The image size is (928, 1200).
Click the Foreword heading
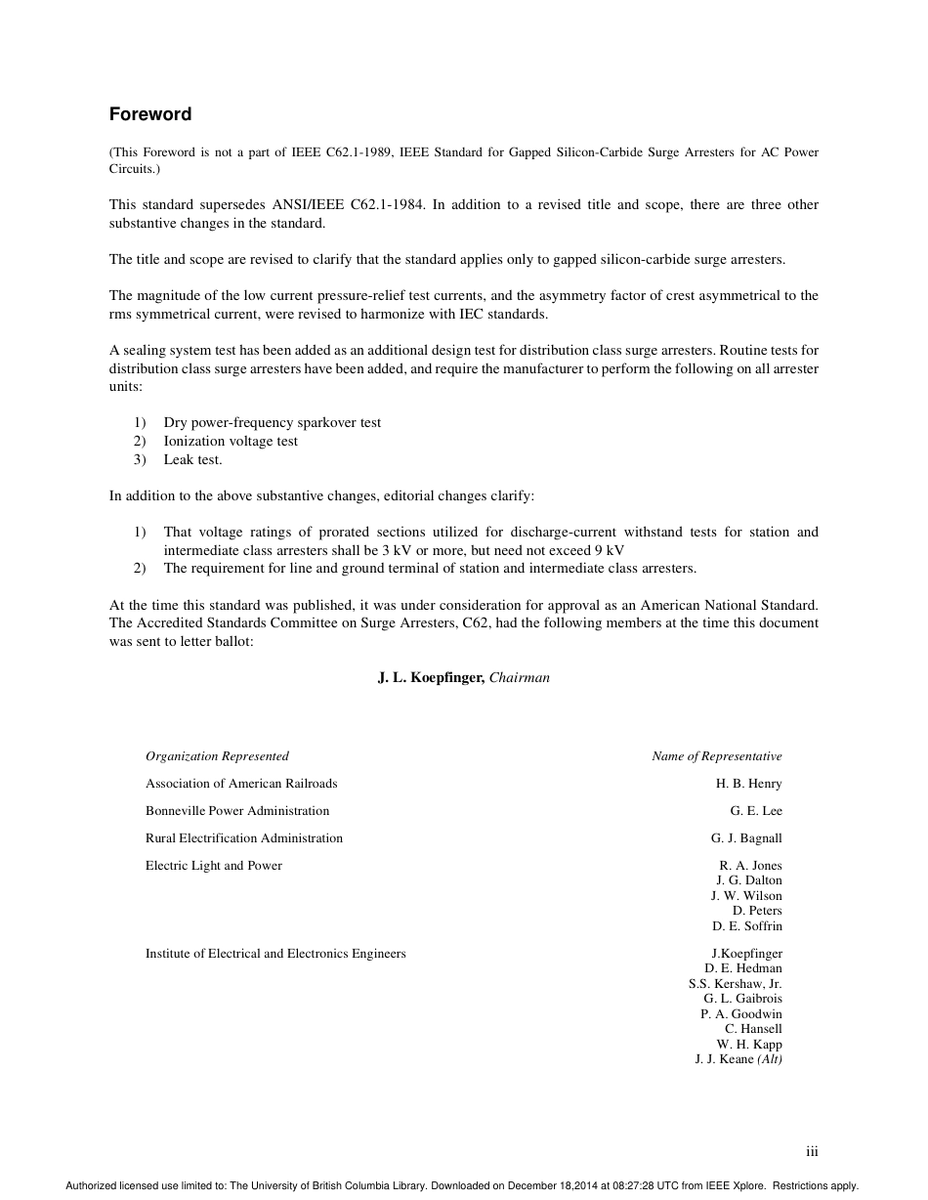click(149, 114)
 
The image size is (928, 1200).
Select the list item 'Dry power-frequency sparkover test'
click(272, 422)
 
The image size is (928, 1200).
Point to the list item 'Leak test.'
click(192, 459)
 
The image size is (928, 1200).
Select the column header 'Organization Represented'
click(217, 755)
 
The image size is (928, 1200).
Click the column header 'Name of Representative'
click(716, 755)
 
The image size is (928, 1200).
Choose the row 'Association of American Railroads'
click(241, 783)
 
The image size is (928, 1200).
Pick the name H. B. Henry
click(748, 783)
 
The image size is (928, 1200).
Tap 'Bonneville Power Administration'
click(237, 810)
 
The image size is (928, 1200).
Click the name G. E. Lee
click(755, 810)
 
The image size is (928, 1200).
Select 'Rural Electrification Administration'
click(244, 837)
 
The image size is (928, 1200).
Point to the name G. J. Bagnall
click(745, 837)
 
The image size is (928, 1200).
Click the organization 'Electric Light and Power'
click(214, 865)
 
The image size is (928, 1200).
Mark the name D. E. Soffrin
click(746, 925)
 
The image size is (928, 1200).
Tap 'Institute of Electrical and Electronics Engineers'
click(275, 953)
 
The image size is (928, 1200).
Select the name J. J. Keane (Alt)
click(738, 1058)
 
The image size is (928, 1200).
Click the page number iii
click(812, 1152)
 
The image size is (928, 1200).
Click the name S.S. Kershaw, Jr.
click(735, 983)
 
